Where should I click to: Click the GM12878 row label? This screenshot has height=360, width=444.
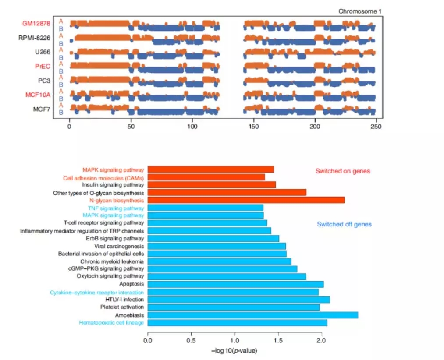point(37,24)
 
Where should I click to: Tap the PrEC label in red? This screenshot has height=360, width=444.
point(43,67)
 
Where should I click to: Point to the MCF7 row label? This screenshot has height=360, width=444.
point(42,109)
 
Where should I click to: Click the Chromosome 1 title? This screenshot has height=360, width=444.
point(357,11)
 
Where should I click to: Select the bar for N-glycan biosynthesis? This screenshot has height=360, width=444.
point(246,200)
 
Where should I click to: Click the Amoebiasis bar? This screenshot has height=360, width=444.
point(252,315)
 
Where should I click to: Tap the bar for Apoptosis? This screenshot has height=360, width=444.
point(235,284)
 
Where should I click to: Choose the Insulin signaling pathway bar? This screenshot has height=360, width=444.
point(212,185)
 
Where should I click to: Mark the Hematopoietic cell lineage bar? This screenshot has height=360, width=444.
point(237,323)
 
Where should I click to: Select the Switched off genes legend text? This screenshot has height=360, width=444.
point(344,224)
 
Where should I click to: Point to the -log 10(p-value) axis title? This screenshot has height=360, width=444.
point(234,350)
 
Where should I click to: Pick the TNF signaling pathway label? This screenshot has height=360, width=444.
point(116,208)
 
